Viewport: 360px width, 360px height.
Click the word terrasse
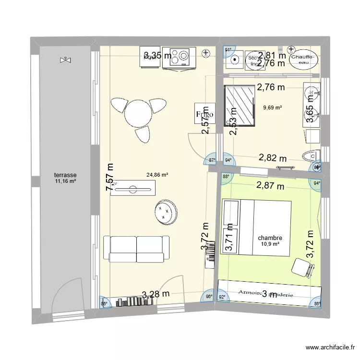66,175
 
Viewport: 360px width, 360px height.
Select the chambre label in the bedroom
270,238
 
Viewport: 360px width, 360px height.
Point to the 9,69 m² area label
272,108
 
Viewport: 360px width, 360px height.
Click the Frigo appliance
204,115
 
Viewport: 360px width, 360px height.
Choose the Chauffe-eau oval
303,59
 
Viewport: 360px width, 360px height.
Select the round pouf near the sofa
166,212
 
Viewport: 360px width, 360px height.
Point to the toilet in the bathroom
310,156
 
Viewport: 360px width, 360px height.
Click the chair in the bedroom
301,267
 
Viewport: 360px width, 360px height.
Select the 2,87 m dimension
270,186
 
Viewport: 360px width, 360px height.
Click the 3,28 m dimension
155,294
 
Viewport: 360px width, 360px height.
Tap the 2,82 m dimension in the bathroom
273,158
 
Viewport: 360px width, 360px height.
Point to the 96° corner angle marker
209,297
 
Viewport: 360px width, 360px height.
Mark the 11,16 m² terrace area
66,181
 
